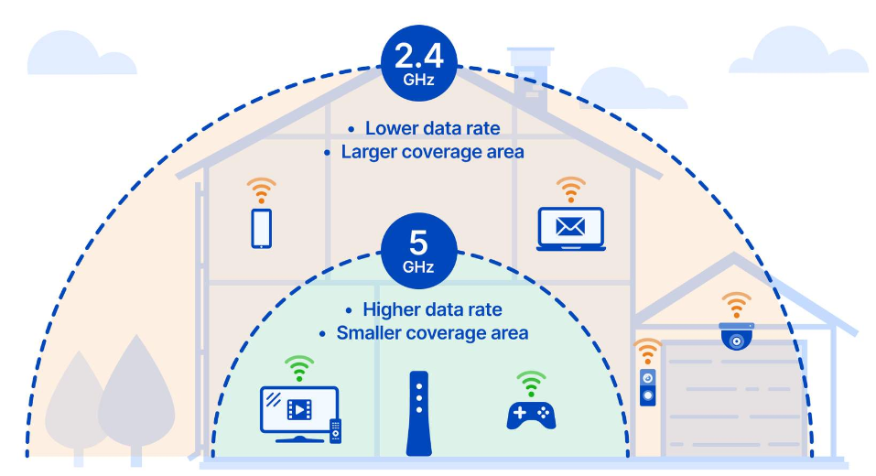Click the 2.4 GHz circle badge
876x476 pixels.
[418, 62]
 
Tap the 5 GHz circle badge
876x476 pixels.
[418, 249]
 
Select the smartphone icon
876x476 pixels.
[262, 228]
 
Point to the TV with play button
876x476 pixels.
[298, 408]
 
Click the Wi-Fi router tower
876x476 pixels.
[418, 413]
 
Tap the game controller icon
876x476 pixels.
[531, 414]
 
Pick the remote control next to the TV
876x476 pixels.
[335, 430]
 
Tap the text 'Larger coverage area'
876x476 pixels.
[432, 152]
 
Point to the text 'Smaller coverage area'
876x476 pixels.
[432, 332]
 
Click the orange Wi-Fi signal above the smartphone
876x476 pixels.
[261, 190]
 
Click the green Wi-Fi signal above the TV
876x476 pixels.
[298, 368]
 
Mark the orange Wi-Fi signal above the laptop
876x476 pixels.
[571, 189]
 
